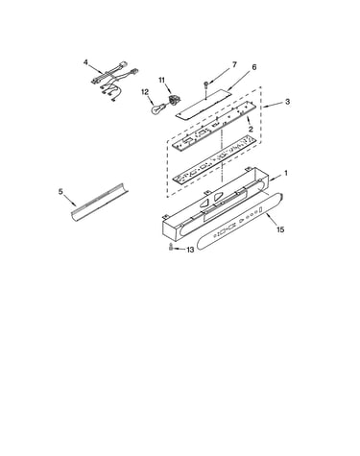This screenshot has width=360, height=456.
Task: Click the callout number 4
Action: [85, 62]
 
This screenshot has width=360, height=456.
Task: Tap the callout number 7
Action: [234, 64]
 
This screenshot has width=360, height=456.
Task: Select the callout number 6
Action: [254, 67]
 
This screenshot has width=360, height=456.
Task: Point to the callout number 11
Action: [162, 80]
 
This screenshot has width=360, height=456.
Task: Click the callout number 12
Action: [145, 92]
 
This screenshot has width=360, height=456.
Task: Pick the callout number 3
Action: [287, 102]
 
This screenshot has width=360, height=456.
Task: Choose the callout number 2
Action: [251, 129]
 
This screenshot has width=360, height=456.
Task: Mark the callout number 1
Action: [286, 173]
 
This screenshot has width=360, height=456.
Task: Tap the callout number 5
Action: [60, 192]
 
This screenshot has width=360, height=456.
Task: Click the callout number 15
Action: [280, 229]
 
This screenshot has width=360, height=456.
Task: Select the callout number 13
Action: [190, 250]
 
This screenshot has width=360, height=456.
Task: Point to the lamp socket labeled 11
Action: [174, 99]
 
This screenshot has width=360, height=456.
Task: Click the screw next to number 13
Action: [171, 247]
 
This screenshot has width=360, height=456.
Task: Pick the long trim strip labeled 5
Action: [99, 203]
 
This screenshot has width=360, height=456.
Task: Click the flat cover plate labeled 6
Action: [204, 104]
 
